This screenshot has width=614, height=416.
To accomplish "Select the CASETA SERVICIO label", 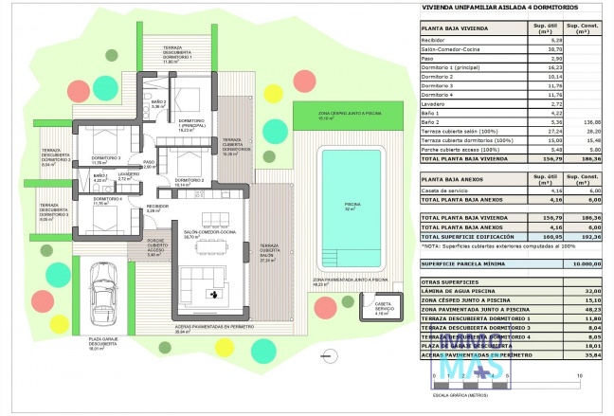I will (384, 310).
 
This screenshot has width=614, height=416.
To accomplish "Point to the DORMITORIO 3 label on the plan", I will (105, 158).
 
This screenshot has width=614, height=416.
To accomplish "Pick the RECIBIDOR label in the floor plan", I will (156, 207).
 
